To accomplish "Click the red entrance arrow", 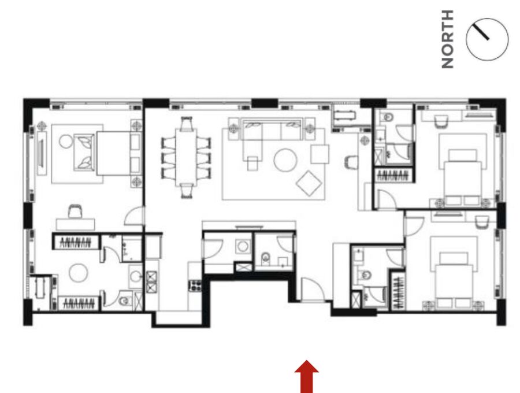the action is [307, 376].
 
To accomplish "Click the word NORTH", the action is [447, 39].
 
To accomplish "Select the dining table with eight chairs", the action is [186, 158].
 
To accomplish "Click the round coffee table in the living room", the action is [285, 160].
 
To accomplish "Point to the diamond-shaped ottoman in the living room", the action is [309, 183].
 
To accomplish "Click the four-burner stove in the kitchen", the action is [195, 286].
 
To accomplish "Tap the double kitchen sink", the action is [151, 282].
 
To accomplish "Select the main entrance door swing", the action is [313, 290].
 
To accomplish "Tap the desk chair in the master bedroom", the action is [75, 212].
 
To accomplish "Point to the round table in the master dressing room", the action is [78, 273].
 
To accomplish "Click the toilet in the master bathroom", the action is [124, 301].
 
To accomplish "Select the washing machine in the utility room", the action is [243, 246].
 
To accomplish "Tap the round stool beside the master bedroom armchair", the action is [66, 142].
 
